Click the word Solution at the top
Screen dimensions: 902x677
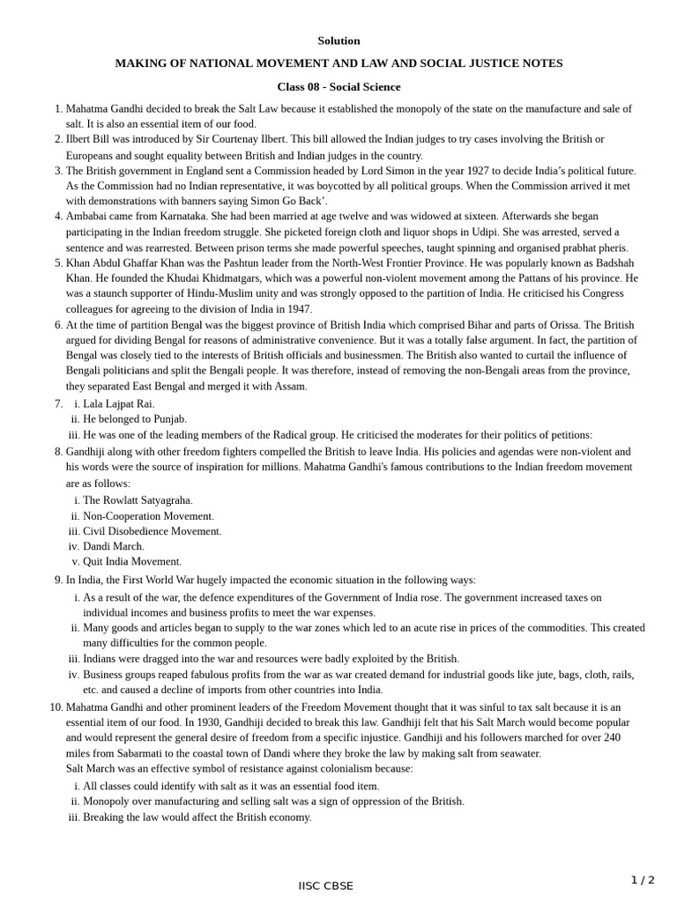click(338, 41)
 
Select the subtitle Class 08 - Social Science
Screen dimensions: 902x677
click(338, 86)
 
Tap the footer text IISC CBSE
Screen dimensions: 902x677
click(325, 885)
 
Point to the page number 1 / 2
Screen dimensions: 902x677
click(643, 879)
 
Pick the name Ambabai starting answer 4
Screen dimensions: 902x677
click(89, 216)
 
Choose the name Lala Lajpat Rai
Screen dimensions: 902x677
click(118, 403)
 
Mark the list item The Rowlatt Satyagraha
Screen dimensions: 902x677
click(137, 499)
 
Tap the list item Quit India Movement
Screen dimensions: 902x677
click(132, 561)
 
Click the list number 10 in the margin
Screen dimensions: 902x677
click(55, 706)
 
